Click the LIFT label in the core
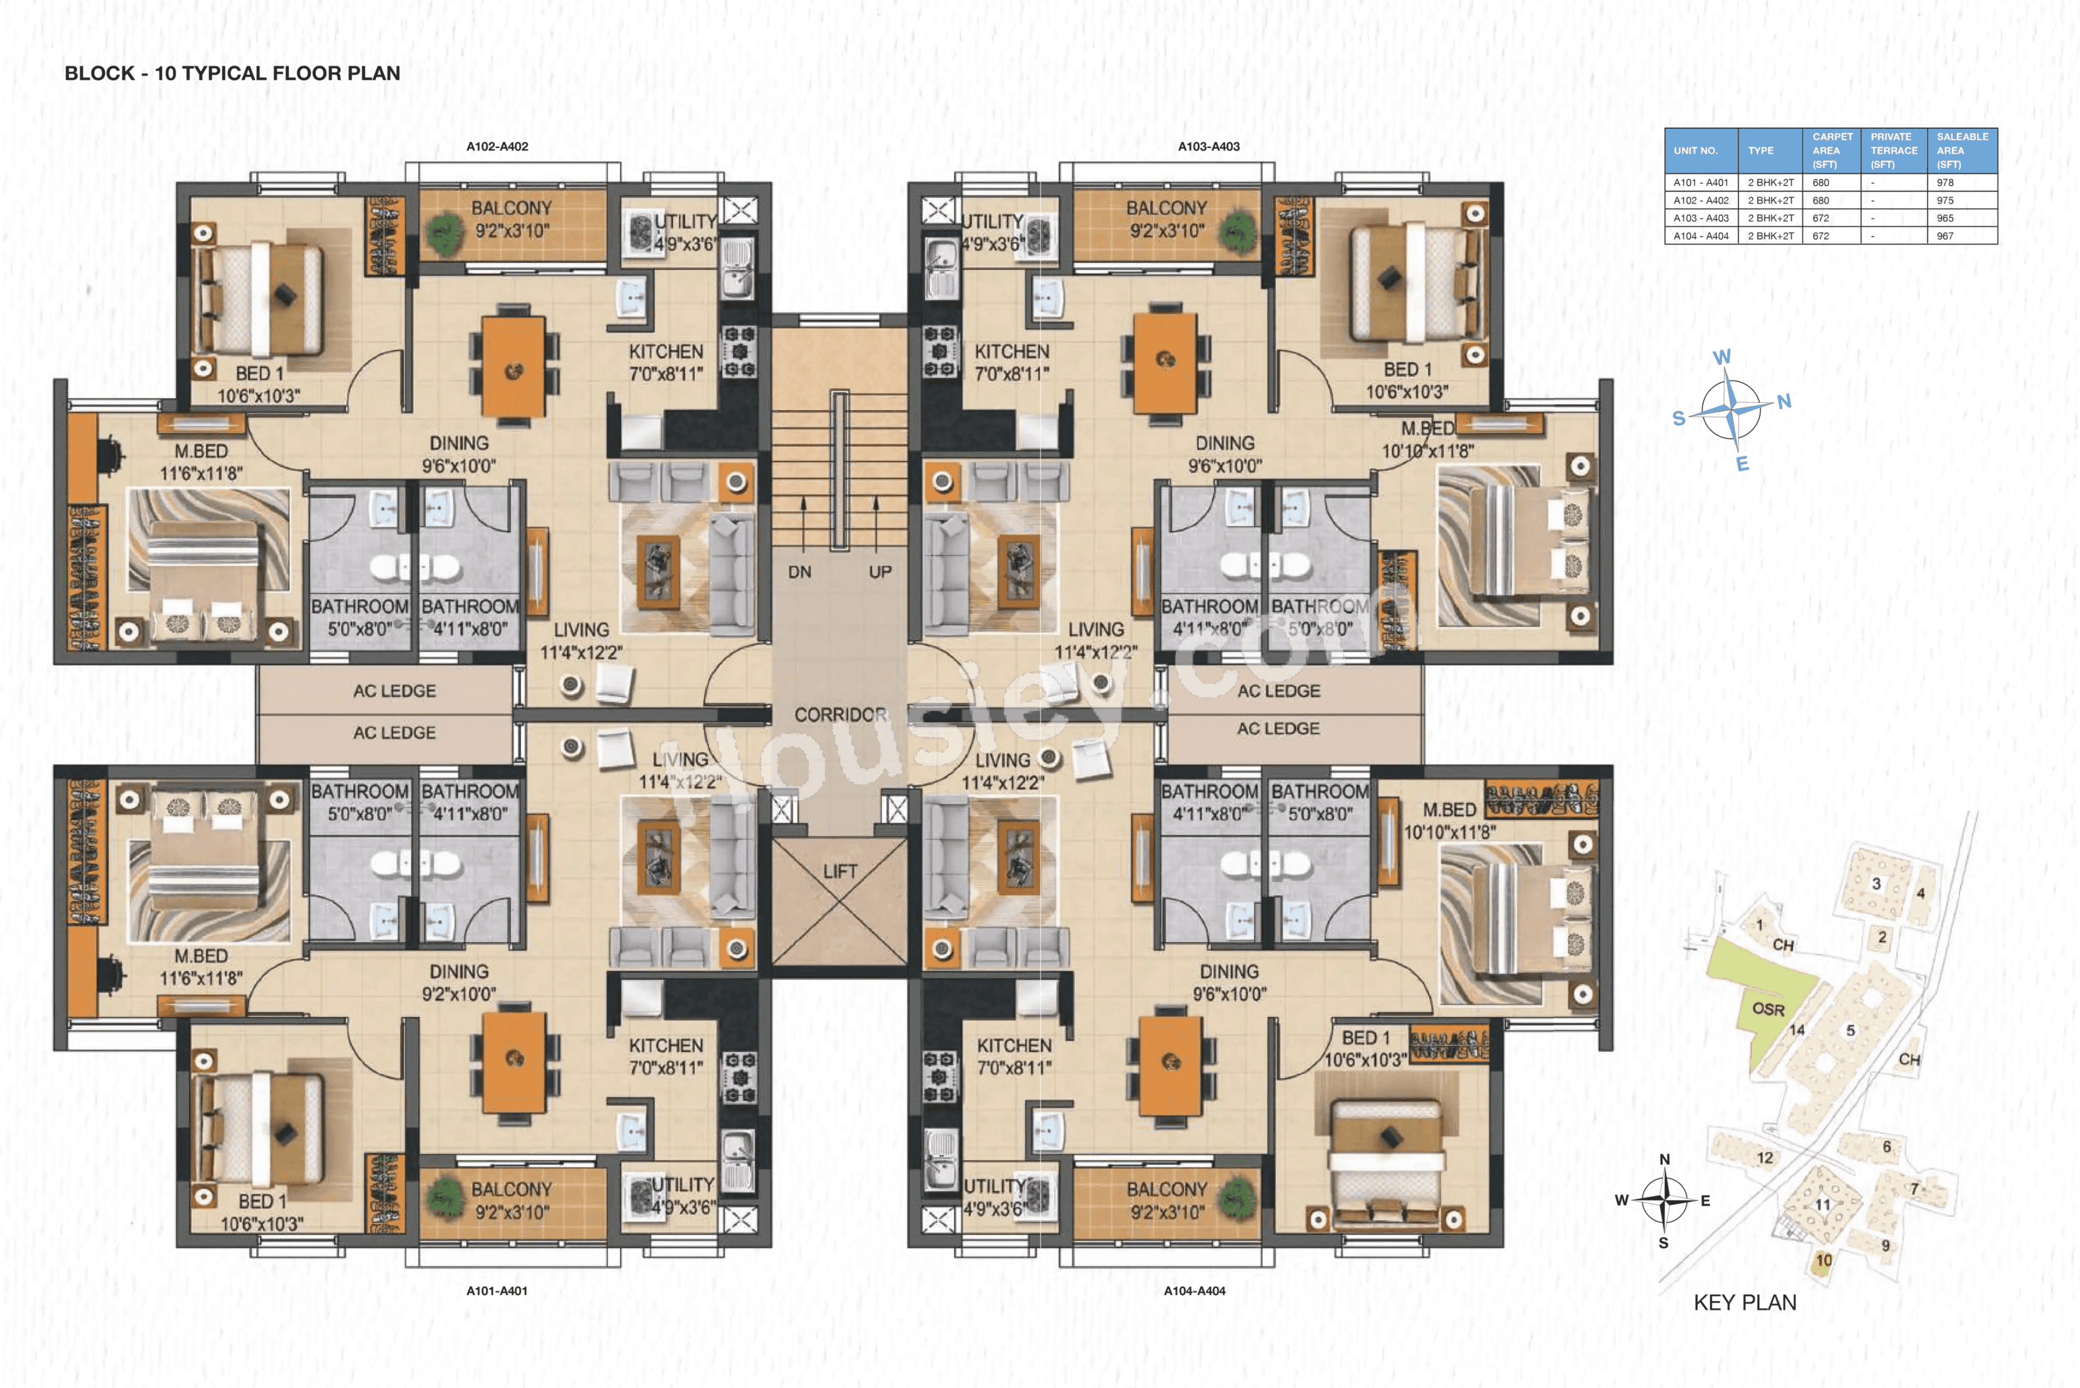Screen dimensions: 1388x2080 point(839,871)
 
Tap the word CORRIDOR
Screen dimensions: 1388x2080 point(839,715)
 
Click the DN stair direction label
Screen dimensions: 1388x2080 point(799,572)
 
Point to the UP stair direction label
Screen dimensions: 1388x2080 point(880,572)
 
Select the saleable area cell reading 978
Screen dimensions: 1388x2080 point(1945,183)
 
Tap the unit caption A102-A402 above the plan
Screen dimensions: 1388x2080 point(497,146)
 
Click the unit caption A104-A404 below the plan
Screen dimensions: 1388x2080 point(1194,1290)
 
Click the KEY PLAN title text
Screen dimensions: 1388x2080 point(1745,1302)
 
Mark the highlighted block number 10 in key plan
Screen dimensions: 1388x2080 point(1823,1261)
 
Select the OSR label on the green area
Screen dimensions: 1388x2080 point(1767,1009)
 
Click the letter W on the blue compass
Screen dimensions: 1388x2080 point(1721,356)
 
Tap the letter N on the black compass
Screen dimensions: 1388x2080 point(1664,1159)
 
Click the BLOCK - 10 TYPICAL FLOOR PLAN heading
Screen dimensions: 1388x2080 point(232,74)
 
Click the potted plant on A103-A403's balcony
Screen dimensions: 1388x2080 point(1237,232)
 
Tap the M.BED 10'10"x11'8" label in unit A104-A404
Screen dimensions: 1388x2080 point(1449,821)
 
